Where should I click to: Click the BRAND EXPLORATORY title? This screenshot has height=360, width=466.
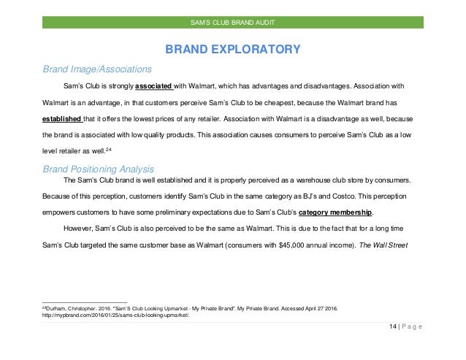(233, 50)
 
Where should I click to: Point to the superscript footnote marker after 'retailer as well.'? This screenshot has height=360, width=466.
(107, 148)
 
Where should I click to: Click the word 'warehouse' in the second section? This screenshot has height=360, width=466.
(294, 180)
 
